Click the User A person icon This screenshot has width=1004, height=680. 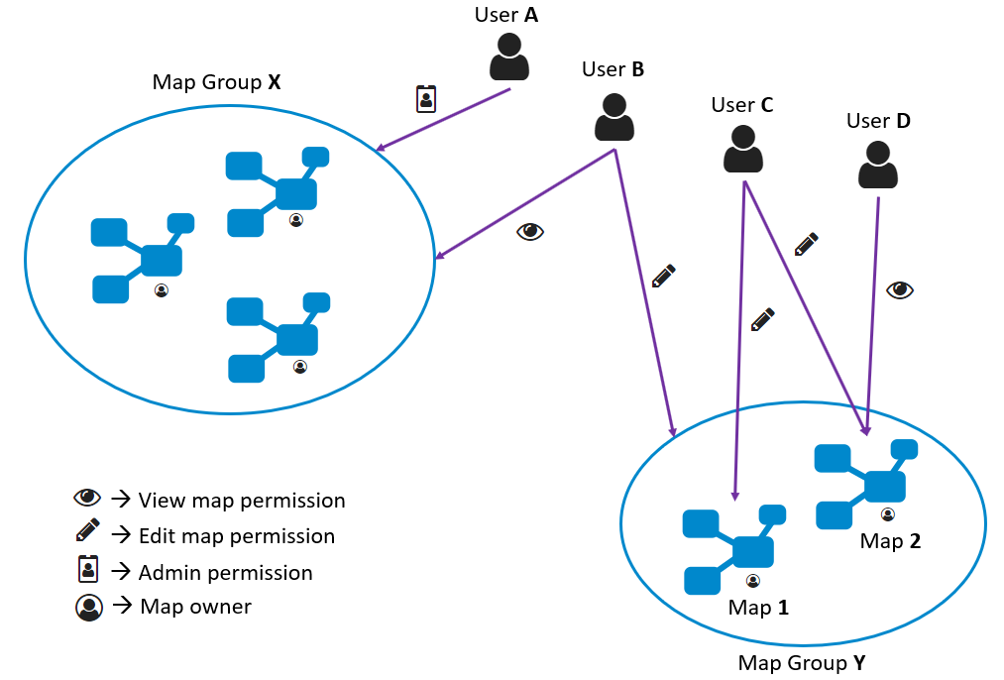coord(509,57)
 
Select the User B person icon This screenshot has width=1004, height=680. coord(614,117)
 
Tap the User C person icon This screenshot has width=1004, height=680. coord(742,150)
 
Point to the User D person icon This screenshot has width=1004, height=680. coord(877,165)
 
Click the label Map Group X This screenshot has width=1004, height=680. coord(216,82)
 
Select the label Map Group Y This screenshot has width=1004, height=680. coord(802,663)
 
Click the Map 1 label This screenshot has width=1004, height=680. coord(758,607)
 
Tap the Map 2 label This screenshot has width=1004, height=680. coord(890,541)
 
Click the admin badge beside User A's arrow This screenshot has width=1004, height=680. coord(426,99)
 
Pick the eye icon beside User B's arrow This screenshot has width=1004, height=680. coord(530,231)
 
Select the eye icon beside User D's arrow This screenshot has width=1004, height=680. coord(900,290)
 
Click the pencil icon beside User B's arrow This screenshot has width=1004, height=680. coord(663,276)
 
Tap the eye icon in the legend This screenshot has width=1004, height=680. coord(87,498)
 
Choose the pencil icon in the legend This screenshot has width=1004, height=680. coord(88,530)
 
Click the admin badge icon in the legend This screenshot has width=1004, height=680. coord(88,569)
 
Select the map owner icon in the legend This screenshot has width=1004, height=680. coord(89,608)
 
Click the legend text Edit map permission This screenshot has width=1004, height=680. coord(237,536)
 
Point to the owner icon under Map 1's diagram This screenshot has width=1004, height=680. coord(753,581)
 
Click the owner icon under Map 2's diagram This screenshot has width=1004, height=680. coord(887,514)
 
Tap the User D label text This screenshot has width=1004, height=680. coord(878,121)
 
